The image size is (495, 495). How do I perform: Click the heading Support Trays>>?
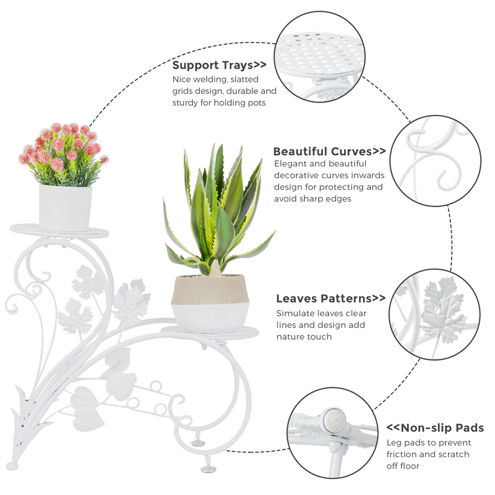[219, 65]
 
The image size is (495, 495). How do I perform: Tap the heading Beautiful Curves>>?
[329, 152]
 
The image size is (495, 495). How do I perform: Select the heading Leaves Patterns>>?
[330, 298]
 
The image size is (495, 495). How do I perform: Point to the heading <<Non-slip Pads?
[435, 428]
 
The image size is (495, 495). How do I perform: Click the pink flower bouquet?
[62, 153]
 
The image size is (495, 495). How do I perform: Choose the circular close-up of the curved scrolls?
[437, 160]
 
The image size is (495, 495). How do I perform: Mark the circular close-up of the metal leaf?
[436, 314]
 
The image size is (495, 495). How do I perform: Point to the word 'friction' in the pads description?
[403, 454]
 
